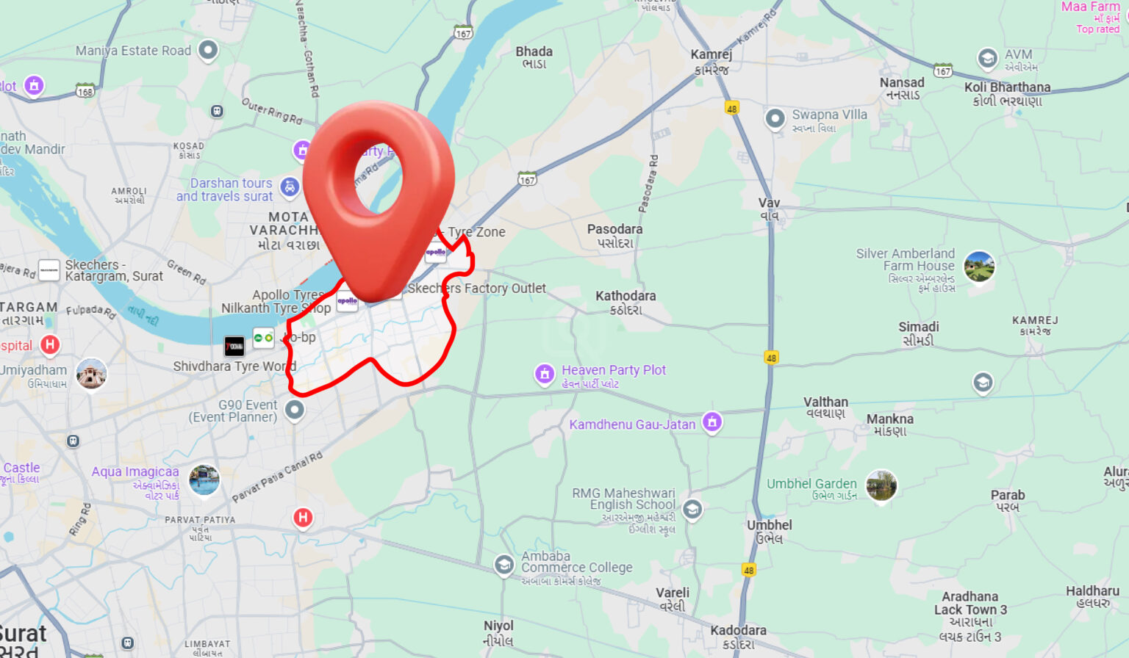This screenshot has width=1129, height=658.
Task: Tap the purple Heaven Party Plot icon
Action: (x=545, y=375)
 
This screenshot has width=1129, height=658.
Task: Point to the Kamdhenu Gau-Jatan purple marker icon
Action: (x=712, y=422)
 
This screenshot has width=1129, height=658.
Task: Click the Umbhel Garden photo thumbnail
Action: (x=881, y=485)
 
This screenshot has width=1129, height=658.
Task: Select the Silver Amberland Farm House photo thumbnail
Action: (x=978, y=266)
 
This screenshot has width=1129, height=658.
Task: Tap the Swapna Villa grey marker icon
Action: (x=775, y=118)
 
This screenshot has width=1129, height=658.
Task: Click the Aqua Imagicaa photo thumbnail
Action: (x=204, y=480)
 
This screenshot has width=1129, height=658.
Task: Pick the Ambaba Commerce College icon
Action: (x=503, y=565)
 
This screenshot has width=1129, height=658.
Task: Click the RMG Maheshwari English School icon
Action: (x=692, y=509)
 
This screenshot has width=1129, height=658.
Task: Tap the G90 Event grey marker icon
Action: (x=295, y=409)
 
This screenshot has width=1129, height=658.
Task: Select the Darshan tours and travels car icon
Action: (x=290, y=187)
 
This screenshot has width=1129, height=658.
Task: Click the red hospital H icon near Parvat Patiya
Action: (x=303, y=518)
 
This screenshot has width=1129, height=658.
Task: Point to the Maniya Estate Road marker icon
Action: (x=209, y=50)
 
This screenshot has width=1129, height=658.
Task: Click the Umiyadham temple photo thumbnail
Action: (x=92, y=375)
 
